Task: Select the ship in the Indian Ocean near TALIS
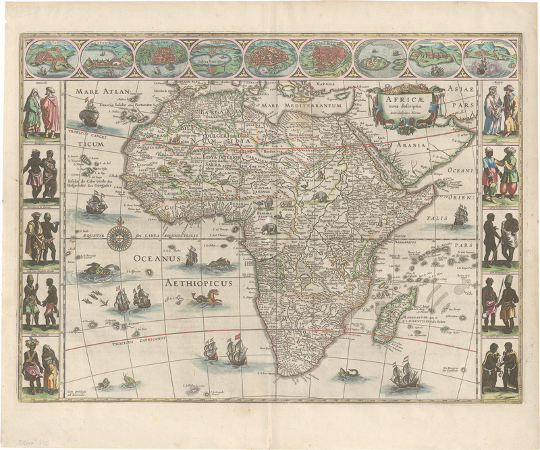click(x=461, y=215)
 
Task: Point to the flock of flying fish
click(x=94, y=299)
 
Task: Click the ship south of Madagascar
click(x=404, y=376)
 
